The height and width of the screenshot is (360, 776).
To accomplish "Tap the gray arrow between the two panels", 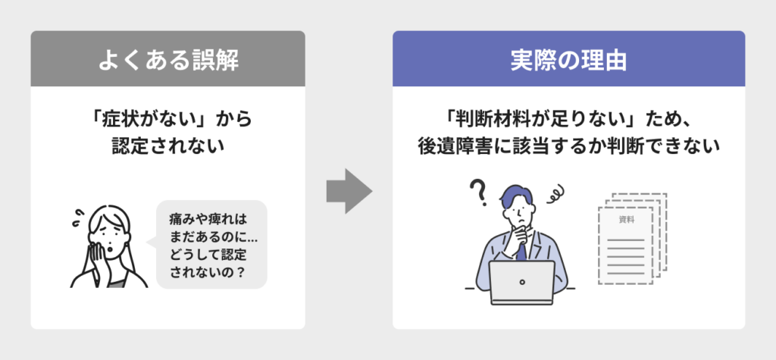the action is (349, 191).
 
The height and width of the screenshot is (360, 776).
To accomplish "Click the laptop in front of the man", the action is (521, 283).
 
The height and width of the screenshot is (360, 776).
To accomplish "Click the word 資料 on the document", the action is (626, 219).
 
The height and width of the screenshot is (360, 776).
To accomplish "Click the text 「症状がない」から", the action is (168, 120).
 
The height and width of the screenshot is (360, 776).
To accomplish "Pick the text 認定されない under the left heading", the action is (168, 146).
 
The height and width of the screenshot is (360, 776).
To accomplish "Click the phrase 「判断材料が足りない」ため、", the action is (568, 120).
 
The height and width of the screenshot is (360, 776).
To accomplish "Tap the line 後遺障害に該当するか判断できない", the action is (568, 146).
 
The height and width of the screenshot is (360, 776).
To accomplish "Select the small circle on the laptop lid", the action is (521, 282).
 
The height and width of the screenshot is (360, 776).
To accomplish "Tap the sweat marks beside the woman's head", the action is (78, 218).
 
